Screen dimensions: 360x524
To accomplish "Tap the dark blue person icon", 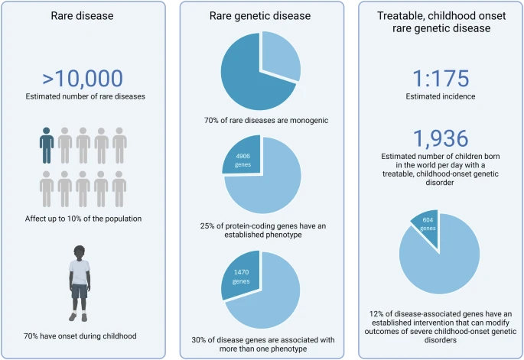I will (x=47, y=144).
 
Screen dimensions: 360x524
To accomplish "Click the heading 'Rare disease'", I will (x=83, y=15).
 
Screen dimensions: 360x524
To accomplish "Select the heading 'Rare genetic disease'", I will (x=262, y=15).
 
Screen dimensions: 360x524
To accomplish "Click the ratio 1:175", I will (x=440, y=78).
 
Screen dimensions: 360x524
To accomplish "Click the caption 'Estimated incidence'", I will (x=440, y=97).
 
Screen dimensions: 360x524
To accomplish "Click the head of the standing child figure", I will (x=80, y=253).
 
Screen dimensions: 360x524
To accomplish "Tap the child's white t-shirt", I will (x=80, y=272).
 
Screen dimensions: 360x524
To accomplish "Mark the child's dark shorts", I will (x=80, y=292).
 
